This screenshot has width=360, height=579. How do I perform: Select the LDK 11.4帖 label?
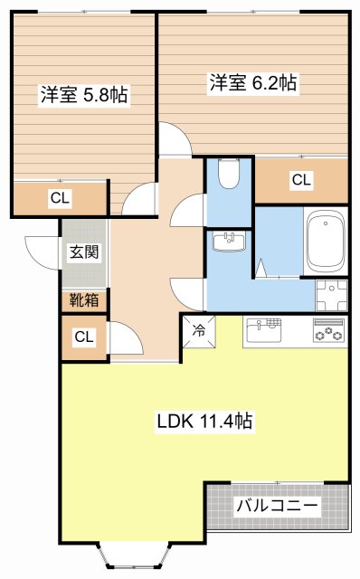(204, 421)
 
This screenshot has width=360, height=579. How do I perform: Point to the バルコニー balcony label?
(277, 506)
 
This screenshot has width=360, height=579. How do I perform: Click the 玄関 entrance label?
(83, 252)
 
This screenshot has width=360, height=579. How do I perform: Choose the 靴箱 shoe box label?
(83, 300)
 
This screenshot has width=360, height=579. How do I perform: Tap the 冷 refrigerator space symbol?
(199, 330)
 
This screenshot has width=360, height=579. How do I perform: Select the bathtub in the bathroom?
(325, 242)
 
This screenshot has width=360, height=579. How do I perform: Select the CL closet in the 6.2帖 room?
(300, 181)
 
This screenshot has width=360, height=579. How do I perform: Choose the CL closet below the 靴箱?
(83, 337)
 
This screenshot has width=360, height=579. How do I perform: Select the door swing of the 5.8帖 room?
(137, 200)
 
